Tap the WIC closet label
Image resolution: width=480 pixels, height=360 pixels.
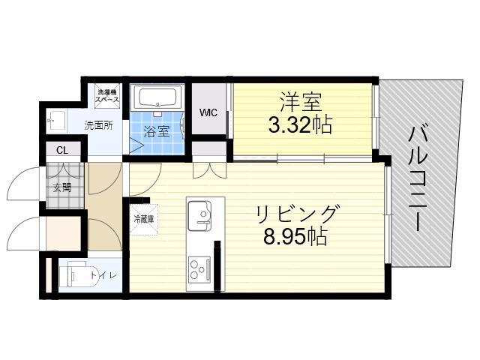[208, 112]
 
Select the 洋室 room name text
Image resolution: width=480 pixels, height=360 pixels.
[300, 102]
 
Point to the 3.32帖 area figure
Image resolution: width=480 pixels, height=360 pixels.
[300, 125]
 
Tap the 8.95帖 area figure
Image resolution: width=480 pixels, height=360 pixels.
[295, 237]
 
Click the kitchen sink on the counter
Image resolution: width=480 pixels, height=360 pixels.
[199, 215]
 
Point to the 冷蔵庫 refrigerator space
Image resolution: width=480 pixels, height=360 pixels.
[144, 219]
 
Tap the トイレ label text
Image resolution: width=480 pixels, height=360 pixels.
[103, 275]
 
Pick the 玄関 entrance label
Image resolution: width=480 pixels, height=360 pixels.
[62, 187]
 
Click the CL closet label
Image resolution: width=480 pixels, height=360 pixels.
[62, 151]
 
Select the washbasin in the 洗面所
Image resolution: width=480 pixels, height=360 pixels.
[56, 121]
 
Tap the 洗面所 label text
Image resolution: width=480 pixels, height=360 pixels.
[98, 125]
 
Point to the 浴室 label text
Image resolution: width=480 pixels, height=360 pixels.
[157, 132]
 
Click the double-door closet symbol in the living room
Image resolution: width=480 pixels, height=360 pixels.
[210, 170]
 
